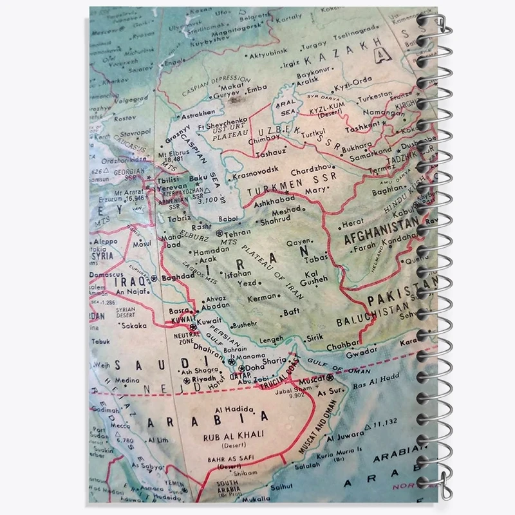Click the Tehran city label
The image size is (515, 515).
[x=238, y=233]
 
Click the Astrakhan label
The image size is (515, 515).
[x=187, y=113]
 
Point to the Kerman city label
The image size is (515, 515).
[x=262, y=299]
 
